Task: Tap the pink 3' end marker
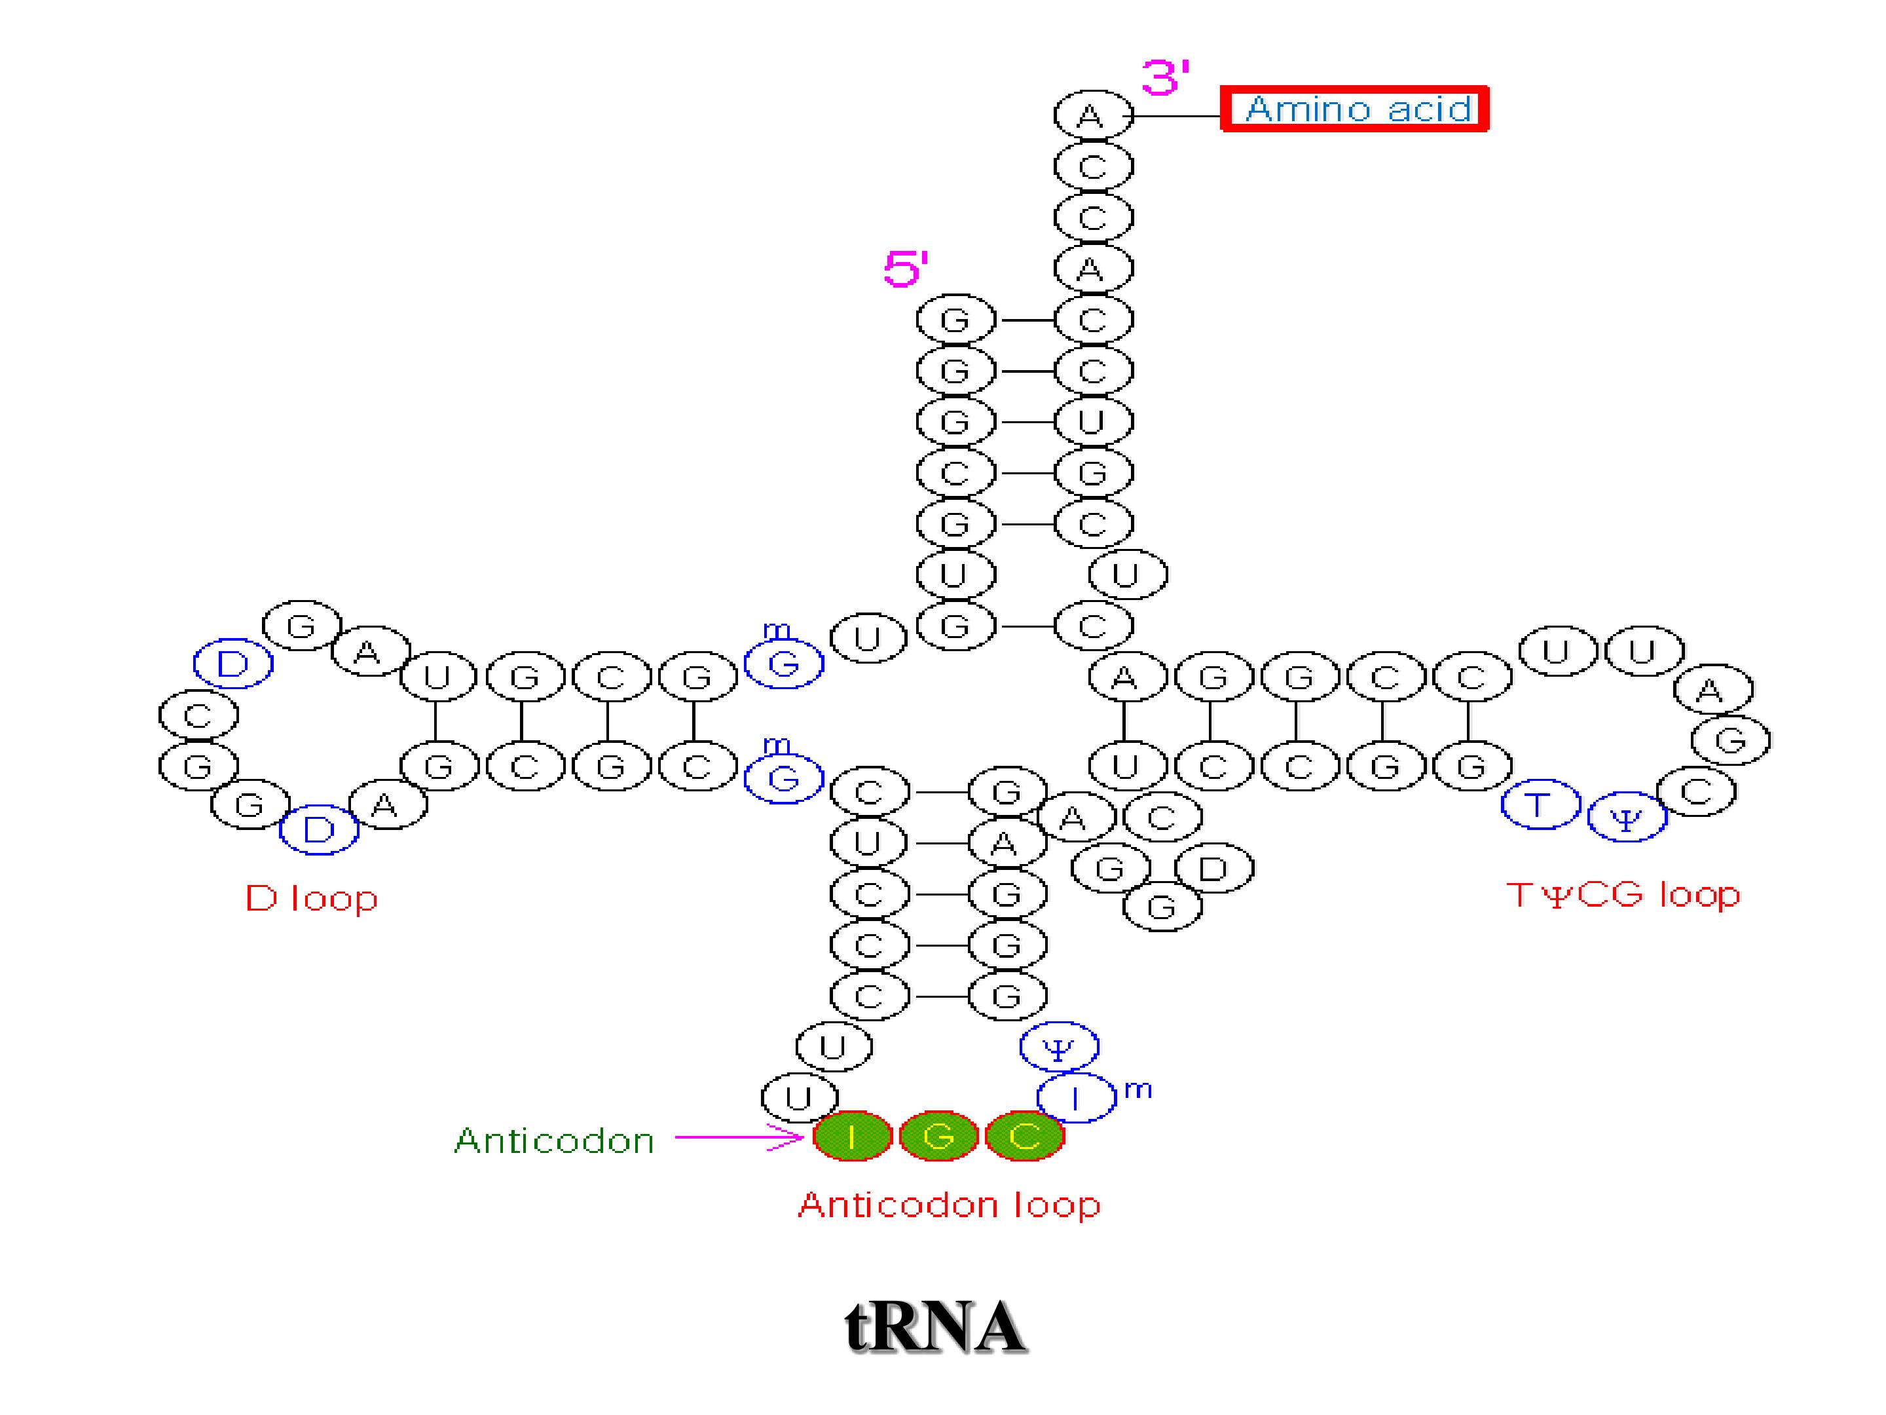pos(1166,77)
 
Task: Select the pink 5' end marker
pos(906,269)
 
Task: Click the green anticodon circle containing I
pos(852,1136)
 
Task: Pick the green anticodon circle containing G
pos(938,1136)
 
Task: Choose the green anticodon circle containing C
pos(1024,1136)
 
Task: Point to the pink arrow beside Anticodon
pos(739,1137)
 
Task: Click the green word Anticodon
pos(554,1141)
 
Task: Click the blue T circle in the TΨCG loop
pos(1540,804)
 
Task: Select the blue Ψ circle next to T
pos(1627,817)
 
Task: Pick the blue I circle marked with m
pos(1076,1098)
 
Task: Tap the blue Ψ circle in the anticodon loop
pos(1059,1047)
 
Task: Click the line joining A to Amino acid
pos(1177,115)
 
